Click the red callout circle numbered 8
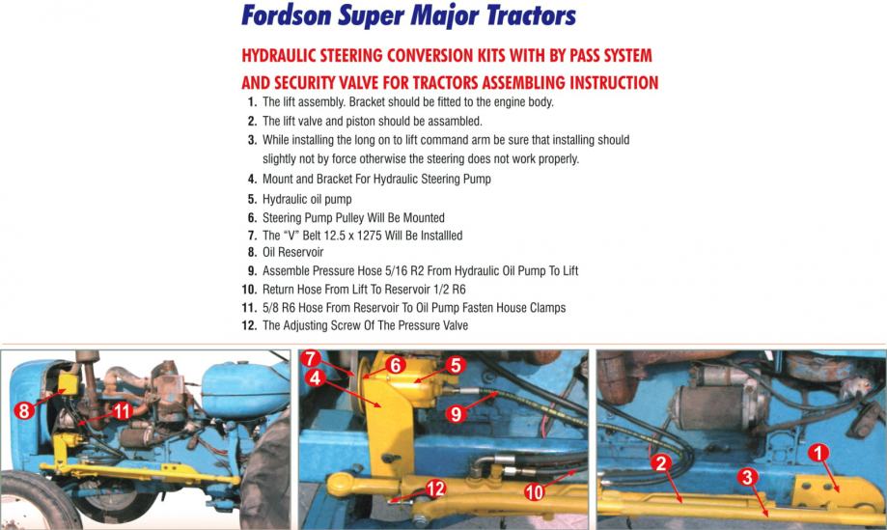pyautogui.click(x=24, y=410)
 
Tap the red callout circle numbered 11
pyautogui.click(x=123, y=410)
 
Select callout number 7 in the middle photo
pyautogui.click(x=311, y=358)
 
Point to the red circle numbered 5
pyautogui.click(x=456, y=365)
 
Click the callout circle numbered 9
pyautogui.click(x=456, y=414)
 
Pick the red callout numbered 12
pyautogui.click(x=435, y=488)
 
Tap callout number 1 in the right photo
pyautogui.click(x=818, y=453)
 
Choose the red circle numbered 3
pyautogui.click(x=747, y=478)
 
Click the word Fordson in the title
pyautogui.click(x=287, y=15)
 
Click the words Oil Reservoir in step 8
pyautogui.click(x=293, y=252)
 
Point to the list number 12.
pyautogui.click(x=249, y=325)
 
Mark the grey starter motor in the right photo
pyautogui.click(x=718, y=401)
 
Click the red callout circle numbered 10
pyautogui.click(x=534, y=492)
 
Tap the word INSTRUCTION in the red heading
pyautogui.click(x=614, y=83)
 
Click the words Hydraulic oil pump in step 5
pyautogui.click(x=307, y=199)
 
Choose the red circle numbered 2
pyautogui.click(x=660, y=463)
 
